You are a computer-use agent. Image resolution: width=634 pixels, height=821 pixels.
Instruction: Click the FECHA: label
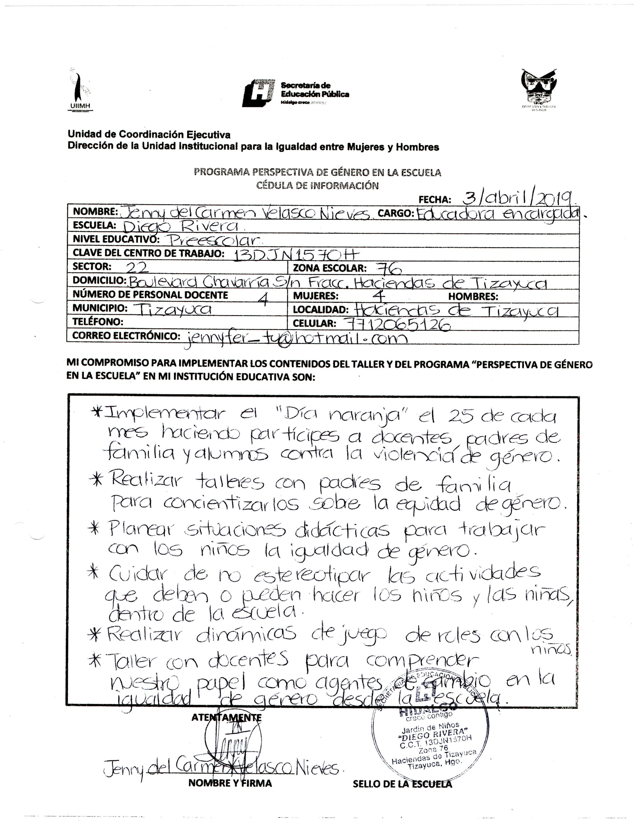pos(435,200)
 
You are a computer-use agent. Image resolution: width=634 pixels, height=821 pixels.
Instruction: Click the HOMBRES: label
pos(473,296)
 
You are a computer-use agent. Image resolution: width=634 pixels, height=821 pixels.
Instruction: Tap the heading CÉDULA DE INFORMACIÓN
pos(317,185)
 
